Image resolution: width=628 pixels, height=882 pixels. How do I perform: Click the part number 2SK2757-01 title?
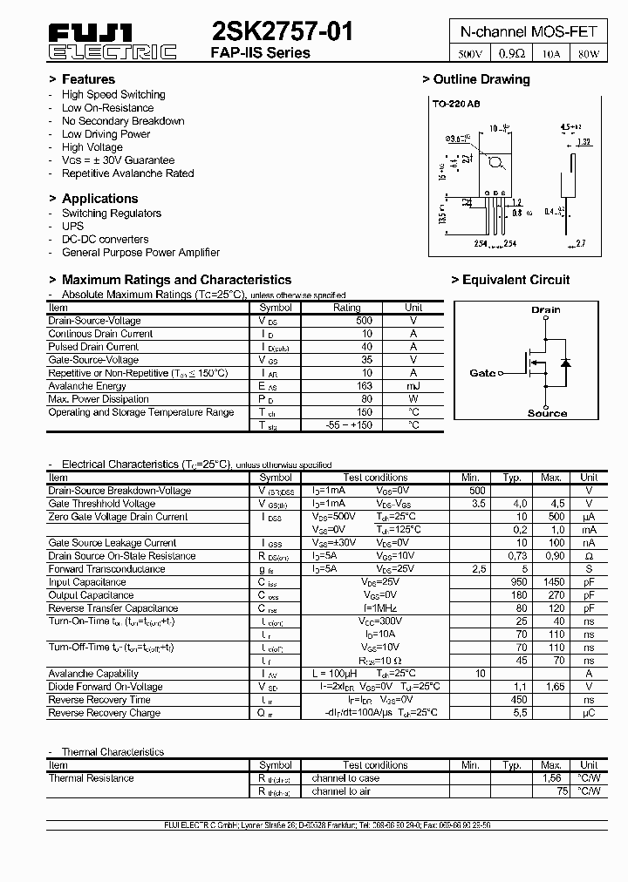(x=283, y=32)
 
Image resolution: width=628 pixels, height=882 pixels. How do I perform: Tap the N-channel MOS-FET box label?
(x=529, y=31)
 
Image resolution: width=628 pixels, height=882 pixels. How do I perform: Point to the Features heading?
(x=87, y=79)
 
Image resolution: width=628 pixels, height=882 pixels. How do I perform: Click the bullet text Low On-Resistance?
(x=107, y=108)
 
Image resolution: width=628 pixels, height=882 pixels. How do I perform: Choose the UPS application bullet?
(x=72, y=226)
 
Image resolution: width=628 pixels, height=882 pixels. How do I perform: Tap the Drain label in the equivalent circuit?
(x=546, y=309)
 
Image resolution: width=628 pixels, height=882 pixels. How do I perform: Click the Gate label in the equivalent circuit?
(x=482, y=373)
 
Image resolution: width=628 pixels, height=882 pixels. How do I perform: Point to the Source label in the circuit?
(x=547, y=413)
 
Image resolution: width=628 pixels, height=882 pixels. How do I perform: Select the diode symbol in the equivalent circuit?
(x=565, y=362)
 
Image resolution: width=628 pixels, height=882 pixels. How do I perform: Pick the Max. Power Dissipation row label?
(x=98, y=399)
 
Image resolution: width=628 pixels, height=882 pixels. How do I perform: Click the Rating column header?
(x=347, y=308)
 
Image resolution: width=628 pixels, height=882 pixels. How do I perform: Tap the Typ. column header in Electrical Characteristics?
(x=512, y=478)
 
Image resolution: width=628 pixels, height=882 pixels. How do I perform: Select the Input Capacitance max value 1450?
(x=551, y=582)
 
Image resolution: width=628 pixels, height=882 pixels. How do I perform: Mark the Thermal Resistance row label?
(x=92, y=778)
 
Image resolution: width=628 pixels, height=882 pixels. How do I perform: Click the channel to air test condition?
(x=341, y=791)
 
